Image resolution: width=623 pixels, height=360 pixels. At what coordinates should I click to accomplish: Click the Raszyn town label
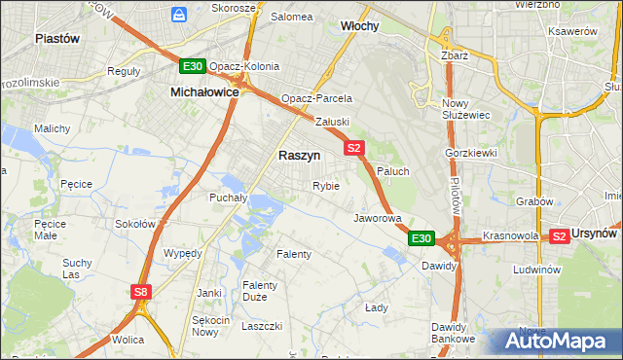(299, 155)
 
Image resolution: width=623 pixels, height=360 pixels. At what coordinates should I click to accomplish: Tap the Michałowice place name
(204, 90)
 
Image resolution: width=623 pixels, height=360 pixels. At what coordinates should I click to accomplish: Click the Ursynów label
(597, 234)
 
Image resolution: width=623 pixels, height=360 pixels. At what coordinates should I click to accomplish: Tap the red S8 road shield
(142, 291)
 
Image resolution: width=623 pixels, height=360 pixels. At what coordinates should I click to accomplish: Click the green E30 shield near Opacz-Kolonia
(192, 66)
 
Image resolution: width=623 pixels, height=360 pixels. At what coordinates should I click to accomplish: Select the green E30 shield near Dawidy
(420, 237)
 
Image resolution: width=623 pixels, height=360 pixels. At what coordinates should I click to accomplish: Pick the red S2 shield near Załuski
(353, 148)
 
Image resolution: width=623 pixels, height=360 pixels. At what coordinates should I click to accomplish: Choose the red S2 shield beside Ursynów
(559, 235)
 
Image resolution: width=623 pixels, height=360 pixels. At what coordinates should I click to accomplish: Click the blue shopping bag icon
(179, 14)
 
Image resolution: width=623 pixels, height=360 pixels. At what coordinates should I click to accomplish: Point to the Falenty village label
(294, 254)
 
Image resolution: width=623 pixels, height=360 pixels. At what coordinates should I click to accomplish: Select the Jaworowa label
(378, 218)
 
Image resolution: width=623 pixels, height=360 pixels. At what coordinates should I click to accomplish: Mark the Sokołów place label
(135, 224)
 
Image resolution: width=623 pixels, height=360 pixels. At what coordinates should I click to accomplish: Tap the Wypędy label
(183, 252)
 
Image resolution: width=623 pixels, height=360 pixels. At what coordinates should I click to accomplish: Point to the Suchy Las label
(77, 269)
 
